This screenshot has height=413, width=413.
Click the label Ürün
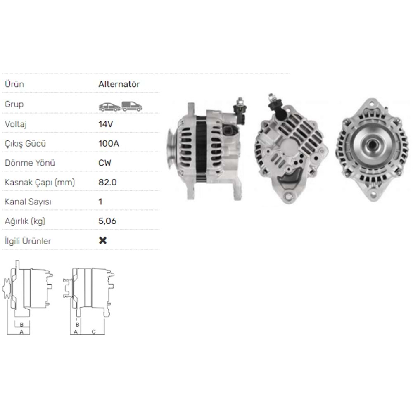point(14,84)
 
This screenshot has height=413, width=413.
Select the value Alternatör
point(119,84)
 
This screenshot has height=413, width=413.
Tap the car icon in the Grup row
point(109,107)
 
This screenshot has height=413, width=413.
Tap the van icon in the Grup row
point(132,106)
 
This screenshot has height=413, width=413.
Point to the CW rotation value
point(105,163)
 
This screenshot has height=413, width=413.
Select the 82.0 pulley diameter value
point(107,182)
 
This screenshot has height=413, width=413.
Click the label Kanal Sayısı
point(27,202)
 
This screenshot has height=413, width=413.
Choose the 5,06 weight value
point(107,221)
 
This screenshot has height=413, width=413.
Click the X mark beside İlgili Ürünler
point(103,240)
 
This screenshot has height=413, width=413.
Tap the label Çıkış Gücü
point(25,144)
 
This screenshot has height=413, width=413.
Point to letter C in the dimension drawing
point(93,332)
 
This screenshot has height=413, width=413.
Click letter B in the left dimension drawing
point(21,324)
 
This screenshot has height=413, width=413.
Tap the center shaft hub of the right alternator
point(372,145)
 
